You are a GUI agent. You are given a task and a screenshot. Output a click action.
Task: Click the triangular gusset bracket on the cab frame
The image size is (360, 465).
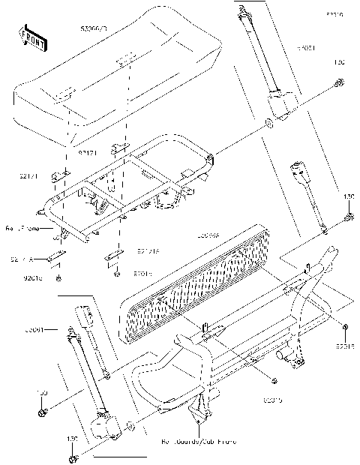point(199,409)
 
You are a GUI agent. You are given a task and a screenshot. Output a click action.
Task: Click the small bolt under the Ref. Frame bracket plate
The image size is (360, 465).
point(58,278)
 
